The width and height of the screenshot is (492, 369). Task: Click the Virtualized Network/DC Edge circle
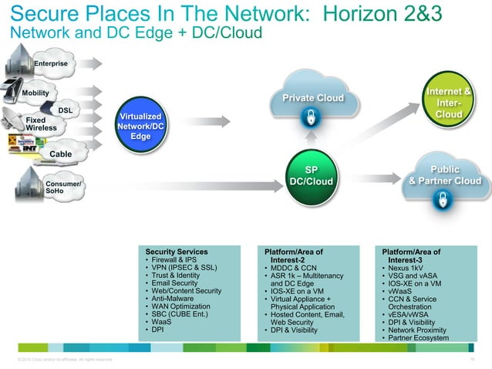[140, 126]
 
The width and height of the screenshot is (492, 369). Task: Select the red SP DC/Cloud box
[311, 175]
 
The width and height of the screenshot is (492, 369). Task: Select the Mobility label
[35, 93]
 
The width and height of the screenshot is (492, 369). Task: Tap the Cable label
[61, 154]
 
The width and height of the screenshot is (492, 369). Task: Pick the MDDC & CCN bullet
[296, 268]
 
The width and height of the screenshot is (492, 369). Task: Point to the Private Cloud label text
[312, 98]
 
